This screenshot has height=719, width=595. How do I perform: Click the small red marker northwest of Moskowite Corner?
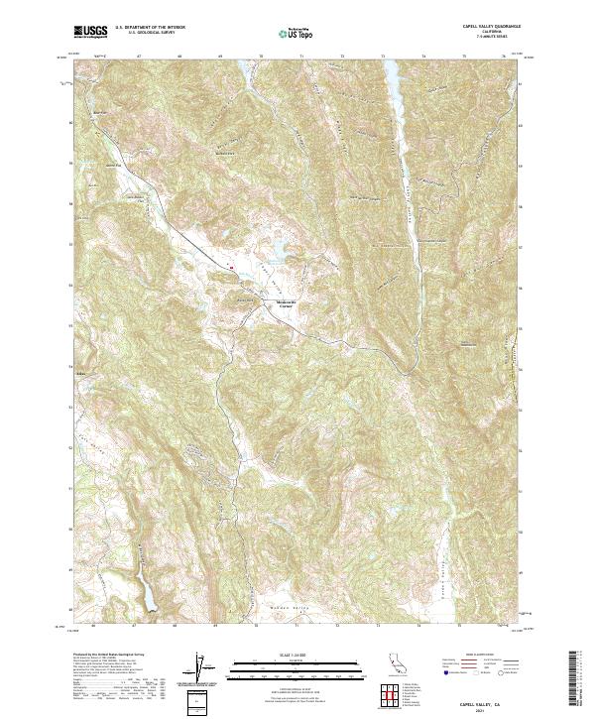click(x=231, y=266)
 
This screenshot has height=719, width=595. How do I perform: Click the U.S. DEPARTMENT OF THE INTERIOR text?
click(x=150, y=29)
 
